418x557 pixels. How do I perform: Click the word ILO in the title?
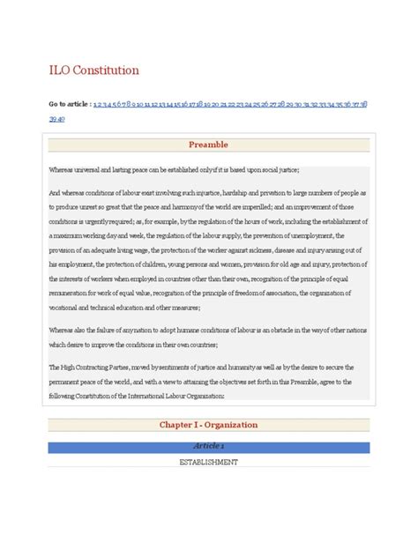[x=61, y=70]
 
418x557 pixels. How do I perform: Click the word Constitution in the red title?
[x=107, y=70]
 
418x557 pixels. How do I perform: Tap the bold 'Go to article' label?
[x=69, y=104]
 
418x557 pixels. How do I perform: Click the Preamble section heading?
[x=209, y=143]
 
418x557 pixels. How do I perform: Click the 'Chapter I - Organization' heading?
[x=209, y=425]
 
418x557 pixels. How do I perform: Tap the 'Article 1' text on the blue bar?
[x=209, y=447]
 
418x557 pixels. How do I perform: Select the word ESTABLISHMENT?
[x=209, y=461]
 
